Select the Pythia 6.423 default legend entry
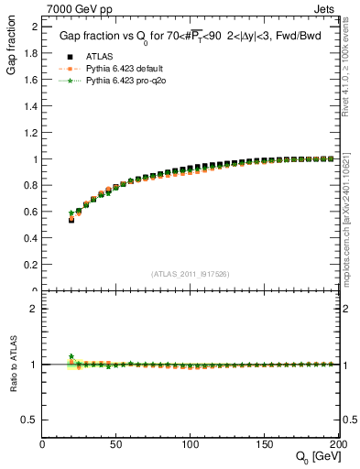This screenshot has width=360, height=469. tap(122, 68)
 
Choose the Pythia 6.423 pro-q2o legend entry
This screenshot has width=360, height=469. tap(122, 81)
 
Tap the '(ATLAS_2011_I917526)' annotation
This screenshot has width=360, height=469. tap(191, 273)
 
